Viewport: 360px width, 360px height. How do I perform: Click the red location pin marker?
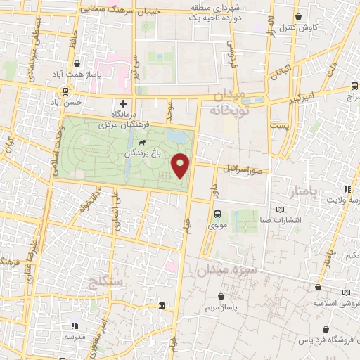(181, 166)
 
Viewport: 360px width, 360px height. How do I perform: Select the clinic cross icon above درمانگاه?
(124, 103)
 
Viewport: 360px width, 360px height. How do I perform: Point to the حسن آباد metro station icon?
(65, 91)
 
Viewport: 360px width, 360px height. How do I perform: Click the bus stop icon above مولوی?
(217, 214)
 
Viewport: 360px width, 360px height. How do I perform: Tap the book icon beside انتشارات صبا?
(281, 210)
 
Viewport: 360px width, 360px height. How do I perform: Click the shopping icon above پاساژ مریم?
(223, 297)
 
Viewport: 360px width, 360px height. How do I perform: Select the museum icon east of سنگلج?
(162, 305)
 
